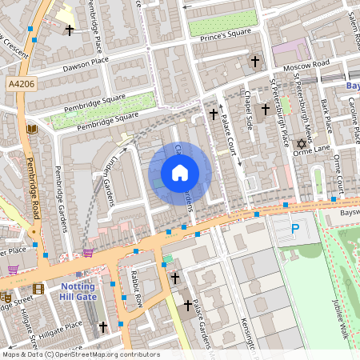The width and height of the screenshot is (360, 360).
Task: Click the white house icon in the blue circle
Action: click(x=180, y=172)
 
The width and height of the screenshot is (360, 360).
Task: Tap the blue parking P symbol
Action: click(x=295, y=230)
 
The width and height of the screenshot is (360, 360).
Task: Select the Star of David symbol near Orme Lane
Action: click(x=302, y=145)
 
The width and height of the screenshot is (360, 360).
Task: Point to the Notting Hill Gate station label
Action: click(x=78, y=292)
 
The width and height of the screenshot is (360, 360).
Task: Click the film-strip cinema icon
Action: click(x=38, y=289)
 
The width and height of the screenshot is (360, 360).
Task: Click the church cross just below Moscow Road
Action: click(x=255, y=61)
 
